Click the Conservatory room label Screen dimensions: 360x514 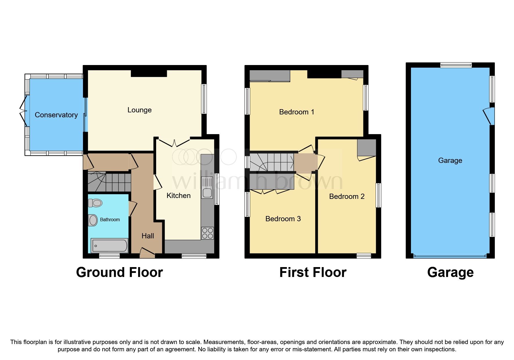[56, 115]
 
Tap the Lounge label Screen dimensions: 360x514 [139, 110]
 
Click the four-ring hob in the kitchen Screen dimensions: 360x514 [207, 233]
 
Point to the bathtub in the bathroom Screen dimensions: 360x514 [109, 246]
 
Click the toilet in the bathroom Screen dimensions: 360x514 [95, 203]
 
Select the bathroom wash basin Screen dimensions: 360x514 [93, 220]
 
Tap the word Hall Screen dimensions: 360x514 [147, 236]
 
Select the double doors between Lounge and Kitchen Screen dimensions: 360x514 [174, 142]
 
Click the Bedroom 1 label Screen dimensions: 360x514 [296, 112]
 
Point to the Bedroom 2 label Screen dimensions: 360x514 [347, 197]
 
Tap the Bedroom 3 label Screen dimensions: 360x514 [283, 219]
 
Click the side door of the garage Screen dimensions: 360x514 [489, 116]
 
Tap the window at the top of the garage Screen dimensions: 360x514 [456, 65]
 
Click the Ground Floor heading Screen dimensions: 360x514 [119, 272]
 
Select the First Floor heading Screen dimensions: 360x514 [313, 272]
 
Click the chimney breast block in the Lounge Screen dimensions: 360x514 [149, 73]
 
